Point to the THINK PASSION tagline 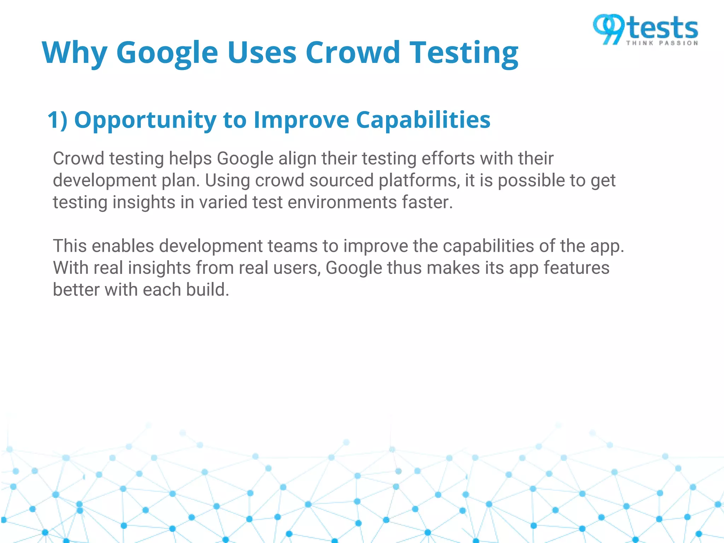(662, 43)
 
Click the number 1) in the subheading (57, 120)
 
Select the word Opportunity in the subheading (145, 121)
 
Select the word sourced (341, 180)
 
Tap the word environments (342, 203)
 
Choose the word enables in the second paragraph (123, 246)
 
